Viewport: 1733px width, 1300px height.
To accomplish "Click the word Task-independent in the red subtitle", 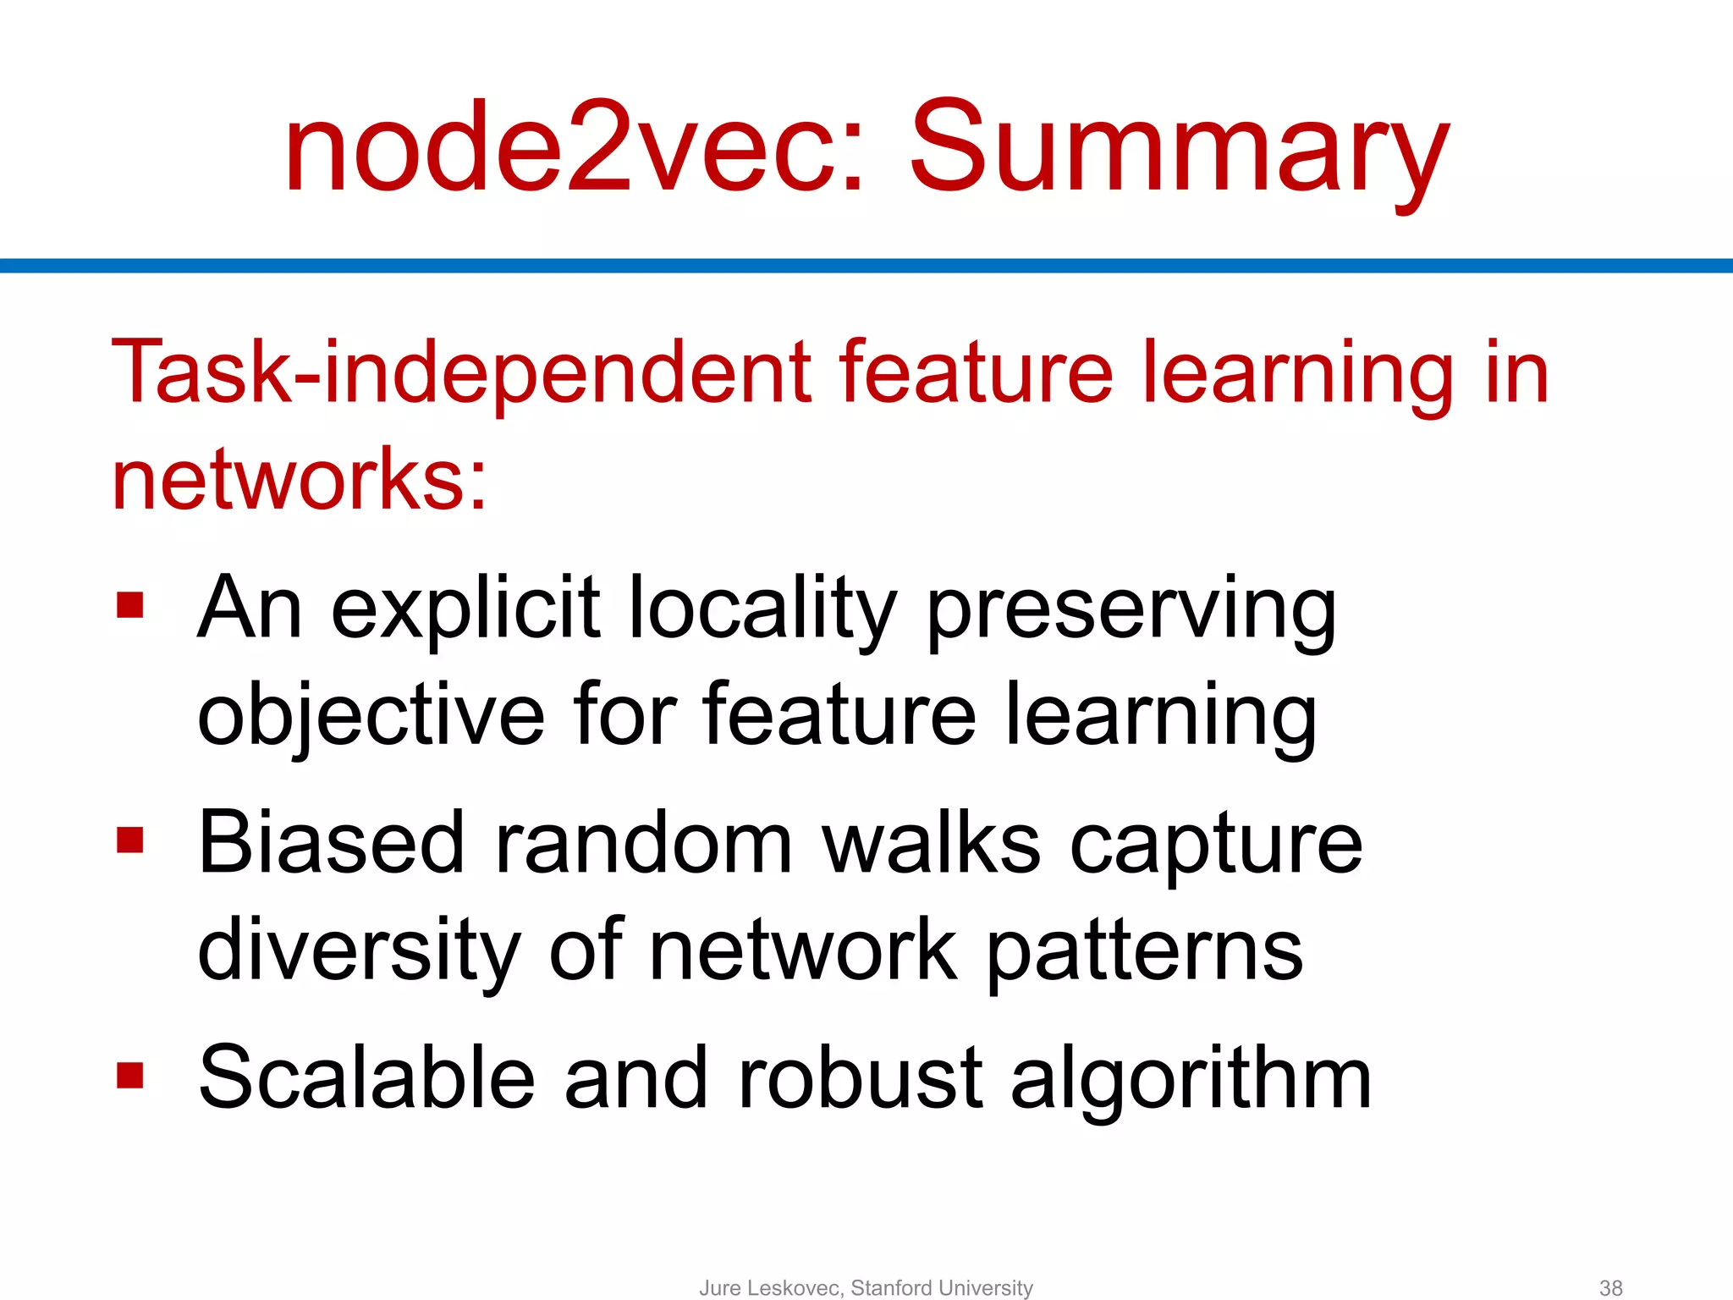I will click(x=460, y=372).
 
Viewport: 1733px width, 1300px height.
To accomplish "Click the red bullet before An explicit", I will click(x=130, y=605).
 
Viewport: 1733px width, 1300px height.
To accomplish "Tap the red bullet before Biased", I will click(x=130, y=840).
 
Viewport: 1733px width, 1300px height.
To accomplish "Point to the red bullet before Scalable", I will click(x=130, y=1076).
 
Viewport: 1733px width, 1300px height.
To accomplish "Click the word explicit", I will click(x=465, y=609).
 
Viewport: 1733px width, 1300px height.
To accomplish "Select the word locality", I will click(x=762, y=609).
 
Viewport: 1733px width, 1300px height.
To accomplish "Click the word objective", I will click(x=371, y=716).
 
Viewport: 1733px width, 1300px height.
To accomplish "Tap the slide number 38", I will click(x=1610, y=1288).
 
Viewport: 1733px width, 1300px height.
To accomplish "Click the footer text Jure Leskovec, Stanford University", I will click(x=866, y=1288).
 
